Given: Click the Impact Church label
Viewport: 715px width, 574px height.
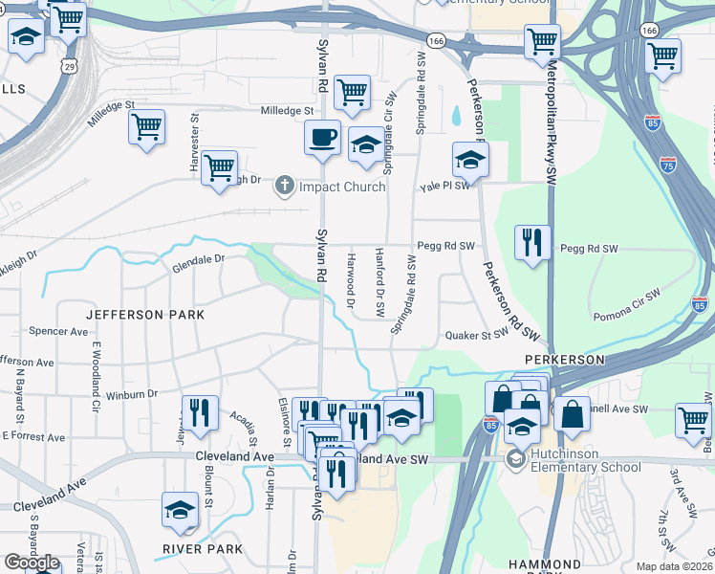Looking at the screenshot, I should [x=342, y=186].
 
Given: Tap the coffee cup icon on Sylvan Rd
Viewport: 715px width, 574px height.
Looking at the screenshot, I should [x=322, y=137].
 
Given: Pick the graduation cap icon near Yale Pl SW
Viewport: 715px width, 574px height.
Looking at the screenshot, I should [x=470, y=160].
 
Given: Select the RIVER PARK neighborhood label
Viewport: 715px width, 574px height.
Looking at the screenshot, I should [x=203, y=548].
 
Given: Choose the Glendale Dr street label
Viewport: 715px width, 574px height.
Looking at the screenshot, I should [x=198, y=258].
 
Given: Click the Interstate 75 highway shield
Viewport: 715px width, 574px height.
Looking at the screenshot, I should [x=668, y=165].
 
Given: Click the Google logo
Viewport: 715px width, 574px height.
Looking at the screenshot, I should [x=32, y=563].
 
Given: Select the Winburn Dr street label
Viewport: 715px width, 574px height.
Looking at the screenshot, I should [x=131, y=393].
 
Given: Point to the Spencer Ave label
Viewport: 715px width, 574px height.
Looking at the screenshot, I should [x=58, y=331].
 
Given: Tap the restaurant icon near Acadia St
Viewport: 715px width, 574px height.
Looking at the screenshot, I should [x=200, y=412].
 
